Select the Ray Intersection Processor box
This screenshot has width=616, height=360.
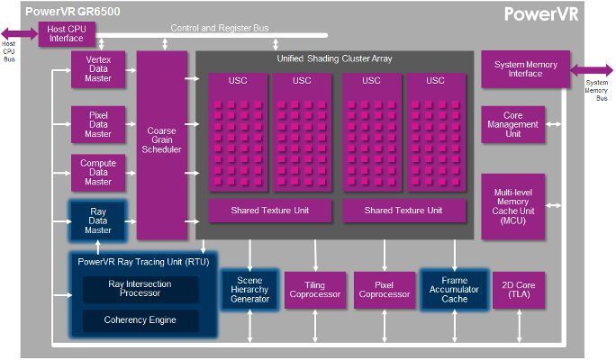point(140,289)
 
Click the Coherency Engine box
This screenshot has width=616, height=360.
point(140,319)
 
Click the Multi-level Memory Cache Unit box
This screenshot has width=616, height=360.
point(512,206)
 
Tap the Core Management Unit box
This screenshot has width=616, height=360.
point(512,124)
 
